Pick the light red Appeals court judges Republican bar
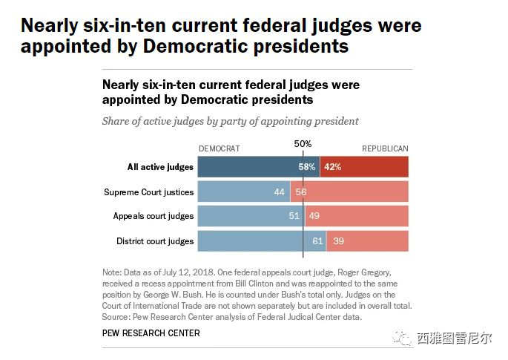point(367,216)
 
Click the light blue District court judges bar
point(252,241)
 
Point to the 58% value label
point(307,167)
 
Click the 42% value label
point(332,167)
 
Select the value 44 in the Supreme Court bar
point(280,192)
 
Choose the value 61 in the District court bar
point(318,241)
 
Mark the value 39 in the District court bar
point(338,241)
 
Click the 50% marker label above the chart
point(303,144)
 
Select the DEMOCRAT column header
point(219,148)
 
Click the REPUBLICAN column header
point(385,148)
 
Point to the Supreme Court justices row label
point(148,192)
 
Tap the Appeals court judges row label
point(153,216)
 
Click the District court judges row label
point(155,241)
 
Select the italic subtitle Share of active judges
point(230,121)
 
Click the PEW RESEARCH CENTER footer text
point(151,333)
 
